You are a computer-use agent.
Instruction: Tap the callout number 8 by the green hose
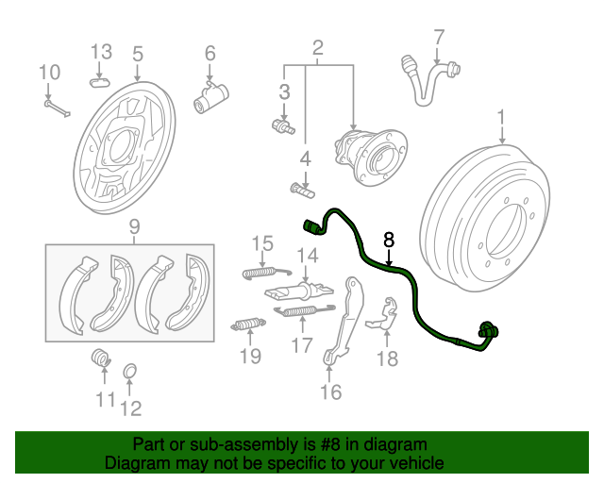[389, 240]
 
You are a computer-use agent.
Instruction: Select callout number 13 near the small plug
[101, 51]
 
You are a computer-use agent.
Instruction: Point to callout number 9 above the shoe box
[134, 225]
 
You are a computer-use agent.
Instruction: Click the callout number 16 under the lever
[330, 391]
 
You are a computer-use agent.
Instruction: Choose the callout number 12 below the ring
[130, 408]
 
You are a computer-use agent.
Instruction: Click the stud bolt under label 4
[302, 190]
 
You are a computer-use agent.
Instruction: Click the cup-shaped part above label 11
[99, 358]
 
